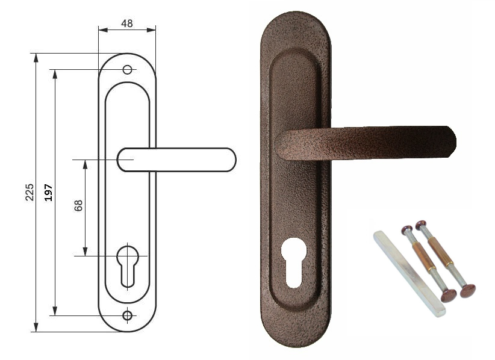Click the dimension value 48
(127, 23)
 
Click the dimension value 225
(30, 192)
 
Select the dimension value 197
(48, 193)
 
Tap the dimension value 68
(78, 205)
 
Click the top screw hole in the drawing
(127, 69)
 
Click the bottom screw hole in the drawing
(127, 315)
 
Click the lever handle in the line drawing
(176, 160)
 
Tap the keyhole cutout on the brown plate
(294, 262)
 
